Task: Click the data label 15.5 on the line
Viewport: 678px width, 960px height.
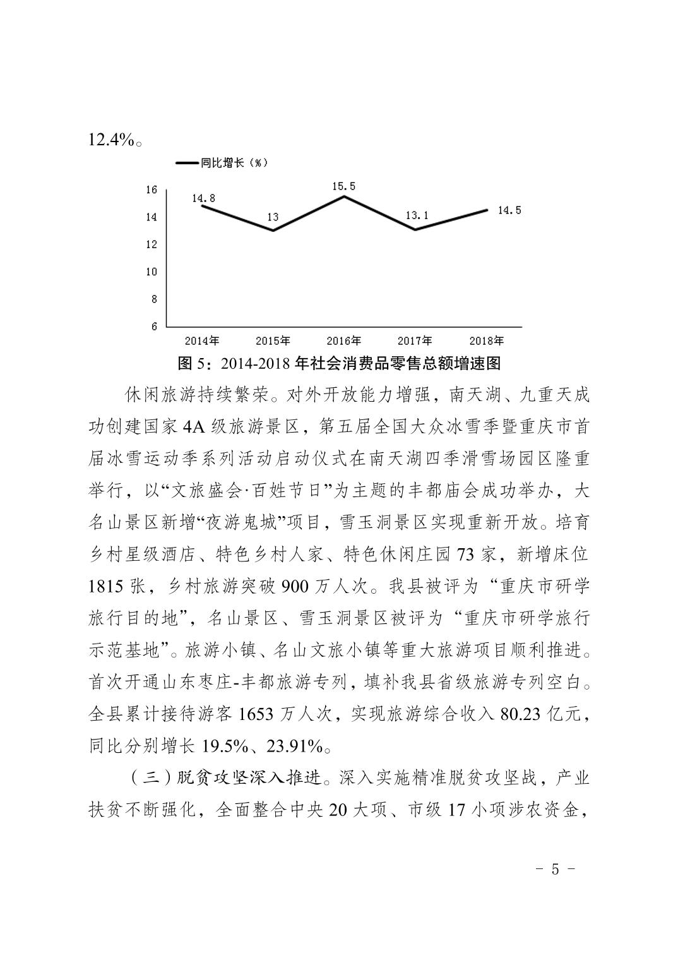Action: [x=344, y=186]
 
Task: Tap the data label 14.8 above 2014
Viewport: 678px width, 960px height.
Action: [x=203, y=198]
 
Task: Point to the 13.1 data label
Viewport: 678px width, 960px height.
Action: [x=417, y=215]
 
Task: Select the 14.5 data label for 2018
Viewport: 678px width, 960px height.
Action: [x=509, y=210]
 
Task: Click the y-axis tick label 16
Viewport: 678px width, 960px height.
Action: [x=151, y=189]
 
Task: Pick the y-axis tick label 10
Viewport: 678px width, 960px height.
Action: [x=151, y=272]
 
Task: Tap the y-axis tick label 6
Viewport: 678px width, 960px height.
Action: [x=153, y=327]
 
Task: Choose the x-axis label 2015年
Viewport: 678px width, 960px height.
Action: [x=273, y=341]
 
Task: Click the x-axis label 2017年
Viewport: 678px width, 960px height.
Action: [x=415, y=341]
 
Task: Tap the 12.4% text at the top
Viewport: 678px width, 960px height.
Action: [x=111, y=140]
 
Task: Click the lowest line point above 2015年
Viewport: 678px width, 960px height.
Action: [x=273, y=230]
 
